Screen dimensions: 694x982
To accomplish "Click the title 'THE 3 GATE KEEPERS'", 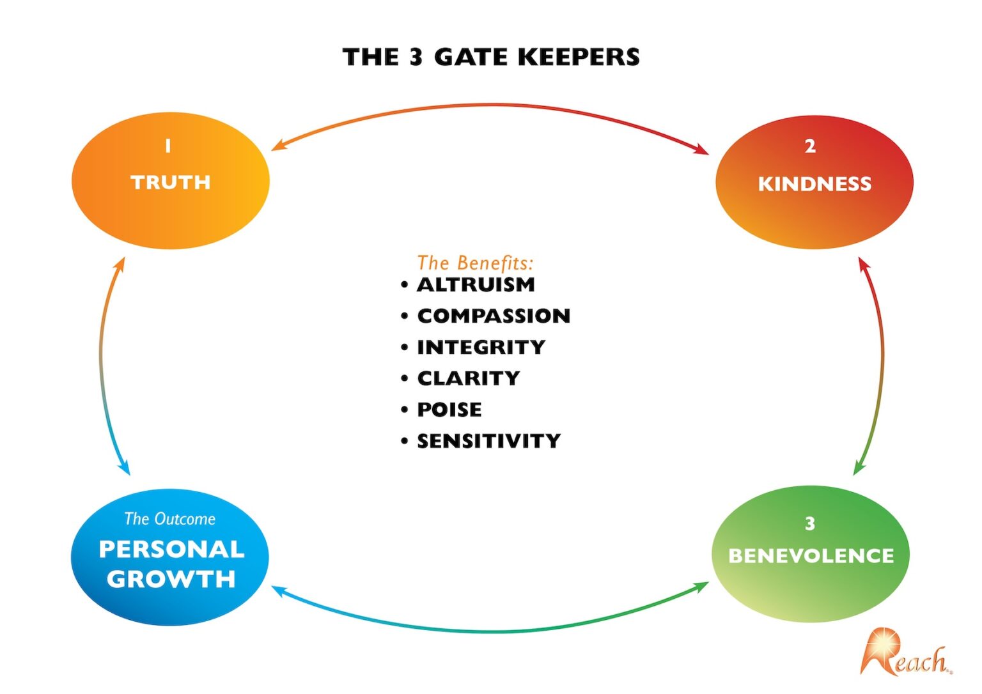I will (491, 57).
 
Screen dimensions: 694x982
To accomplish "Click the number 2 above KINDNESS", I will (810, 146).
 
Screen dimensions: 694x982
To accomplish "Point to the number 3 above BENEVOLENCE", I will (809, 524).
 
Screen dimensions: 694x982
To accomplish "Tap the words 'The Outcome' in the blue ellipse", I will (170, 518).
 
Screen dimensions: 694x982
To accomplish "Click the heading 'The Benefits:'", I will (475, 263).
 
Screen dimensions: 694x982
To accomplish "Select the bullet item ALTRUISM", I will (476, 285).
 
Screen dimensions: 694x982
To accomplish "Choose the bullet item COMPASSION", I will (493, 316).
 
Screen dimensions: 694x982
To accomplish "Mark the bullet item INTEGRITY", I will (481, 347).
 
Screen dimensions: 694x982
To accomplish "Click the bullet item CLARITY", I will (468, 378).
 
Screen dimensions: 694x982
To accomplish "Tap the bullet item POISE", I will (449, 410).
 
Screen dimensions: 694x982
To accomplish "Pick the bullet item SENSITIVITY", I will (488, 441).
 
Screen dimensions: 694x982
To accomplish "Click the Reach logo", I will (904, 653).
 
